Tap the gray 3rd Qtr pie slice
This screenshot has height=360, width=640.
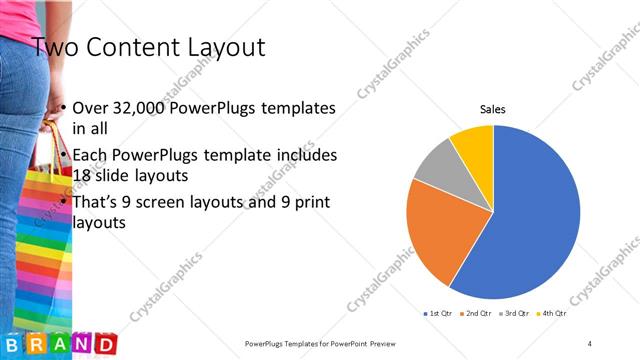[432, 164]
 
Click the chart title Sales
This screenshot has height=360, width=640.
[493, 108]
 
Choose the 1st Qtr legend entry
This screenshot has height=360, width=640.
[440, 314]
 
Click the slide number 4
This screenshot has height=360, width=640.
[590, 343]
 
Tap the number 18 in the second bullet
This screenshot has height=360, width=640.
[83, 174]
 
